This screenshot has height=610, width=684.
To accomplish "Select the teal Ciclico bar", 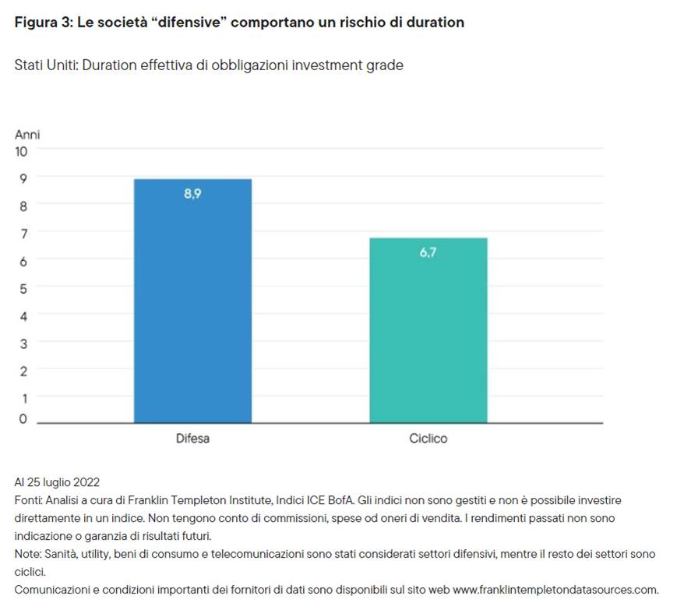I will [x=428, y=335].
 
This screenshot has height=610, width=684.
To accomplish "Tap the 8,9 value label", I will [x=192, y=195].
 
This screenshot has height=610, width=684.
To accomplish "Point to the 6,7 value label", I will [x=428, y=252].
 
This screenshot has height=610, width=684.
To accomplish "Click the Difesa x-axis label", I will [x=192, y=439].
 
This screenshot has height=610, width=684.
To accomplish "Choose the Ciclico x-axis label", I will [x=428, y=439].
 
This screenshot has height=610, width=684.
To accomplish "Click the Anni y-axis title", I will [x=27, y=135].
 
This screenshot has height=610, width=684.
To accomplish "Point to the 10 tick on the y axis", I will [x=21, y=151].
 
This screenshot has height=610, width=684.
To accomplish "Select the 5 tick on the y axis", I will [x=23, y=288].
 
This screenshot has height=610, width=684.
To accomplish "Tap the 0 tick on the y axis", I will [x=23, y=419].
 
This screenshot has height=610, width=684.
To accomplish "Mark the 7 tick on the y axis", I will [x=23, y=233].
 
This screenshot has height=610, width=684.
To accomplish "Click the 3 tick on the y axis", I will [x=23, y=343].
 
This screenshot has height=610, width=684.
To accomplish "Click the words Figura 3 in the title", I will [x=43, y=23].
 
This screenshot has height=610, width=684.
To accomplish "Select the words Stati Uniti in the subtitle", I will [x=45, y=65].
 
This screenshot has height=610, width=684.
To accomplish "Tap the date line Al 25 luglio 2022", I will [x=57, y=482].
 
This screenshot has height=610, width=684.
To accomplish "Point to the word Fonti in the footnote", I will [x=27, y=500].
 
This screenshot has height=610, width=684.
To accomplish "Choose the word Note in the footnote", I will [x=26, y=553].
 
